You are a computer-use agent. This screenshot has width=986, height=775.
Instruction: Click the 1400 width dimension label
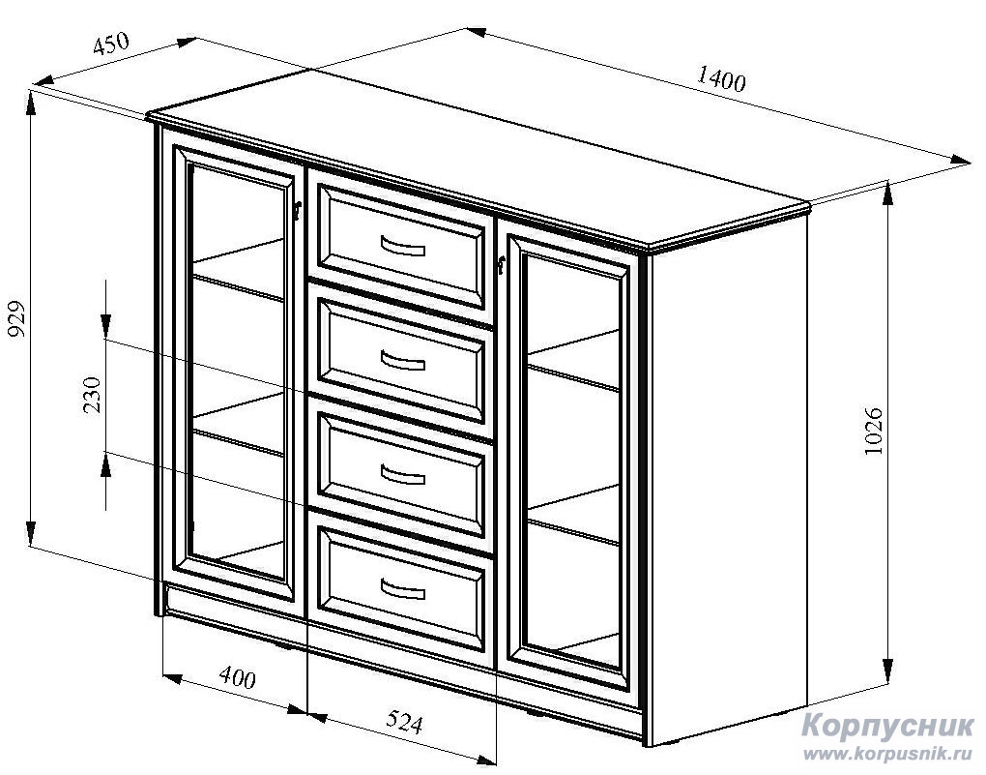coord(720,80)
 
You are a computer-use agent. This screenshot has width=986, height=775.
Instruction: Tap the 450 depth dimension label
coord(111,45)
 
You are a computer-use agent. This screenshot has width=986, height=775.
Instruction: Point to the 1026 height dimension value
coord(873,432)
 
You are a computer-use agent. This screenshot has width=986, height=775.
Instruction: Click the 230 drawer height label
coord(92,395)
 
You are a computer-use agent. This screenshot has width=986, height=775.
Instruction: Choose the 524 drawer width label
coord(403,722)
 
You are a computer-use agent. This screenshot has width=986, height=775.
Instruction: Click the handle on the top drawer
coord(403,246)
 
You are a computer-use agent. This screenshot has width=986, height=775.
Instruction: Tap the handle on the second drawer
coord(403,361)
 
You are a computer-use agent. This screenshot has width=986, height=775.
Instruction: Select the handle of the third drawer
coord(403,475)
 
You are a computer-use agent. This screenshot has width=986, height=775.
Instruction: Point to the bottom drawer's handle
coord(403,590)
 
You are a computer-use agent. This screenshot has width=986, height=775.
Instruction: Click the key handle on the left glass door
coord(298,210)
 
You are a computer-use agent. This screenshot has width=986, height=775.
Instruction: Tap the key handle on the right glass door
coord(501,266)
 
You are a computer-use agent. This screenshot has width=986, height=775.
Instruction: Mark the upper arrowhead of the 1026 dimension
coord(888,194)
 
